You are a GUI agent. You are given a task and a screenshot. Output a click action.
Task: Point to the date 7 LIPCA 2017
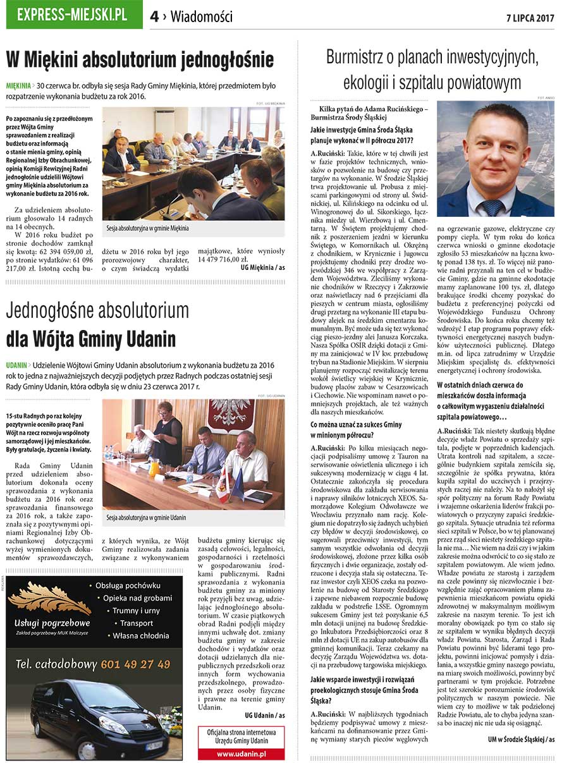[530, 18]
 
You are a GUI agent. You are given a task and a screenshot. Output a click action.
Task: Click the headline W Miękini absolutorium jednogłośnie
[140, 61]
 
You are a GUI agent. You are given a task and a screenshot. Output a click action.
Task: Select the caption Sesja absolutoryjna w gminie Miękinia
[148, 228]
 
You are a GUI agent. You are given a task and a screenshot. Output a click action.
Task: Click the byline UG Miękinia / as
[262, 267]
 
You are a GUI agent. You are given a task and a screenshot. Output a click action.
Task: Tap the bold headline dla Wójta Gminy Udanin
[91, 339]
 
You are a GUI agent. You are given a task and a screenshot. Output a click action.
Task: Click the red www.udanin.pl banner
[241, 754]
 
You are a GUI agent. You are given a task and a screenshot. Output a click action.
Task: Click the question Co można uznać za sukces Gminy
[356, 425]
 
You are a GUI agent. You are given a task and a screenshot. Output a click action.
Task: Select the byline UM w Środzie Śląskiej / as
[520, 739]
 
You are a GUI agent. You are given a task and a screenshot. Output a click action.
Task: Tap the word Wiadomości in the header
[201, 17]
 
